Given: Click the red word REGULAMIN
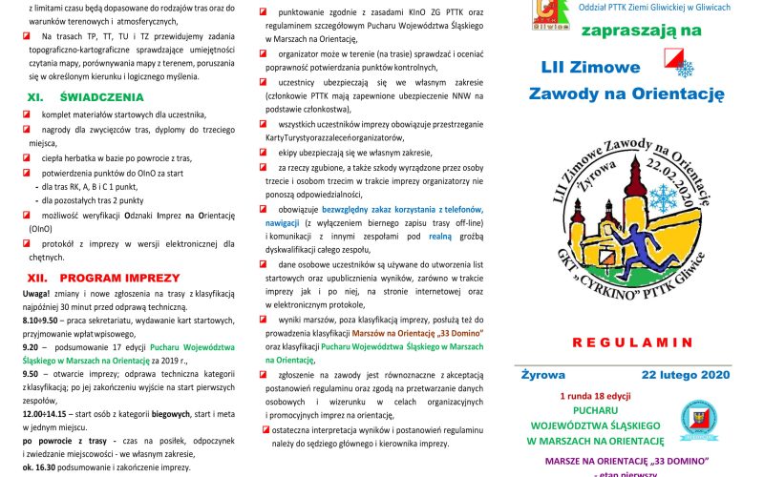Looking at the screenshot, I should click(x=626, y=341).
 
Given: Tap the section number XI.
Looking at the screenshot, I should click(x=34, y=97).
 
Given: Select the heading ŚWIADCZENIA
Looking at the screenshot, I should click(x=101, y=97).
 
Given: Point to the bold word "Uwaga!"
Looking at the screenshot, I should click(x=36, y=295).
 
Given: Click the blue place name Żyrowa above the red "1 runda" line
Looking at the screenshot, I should click(x=543, y=375).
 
